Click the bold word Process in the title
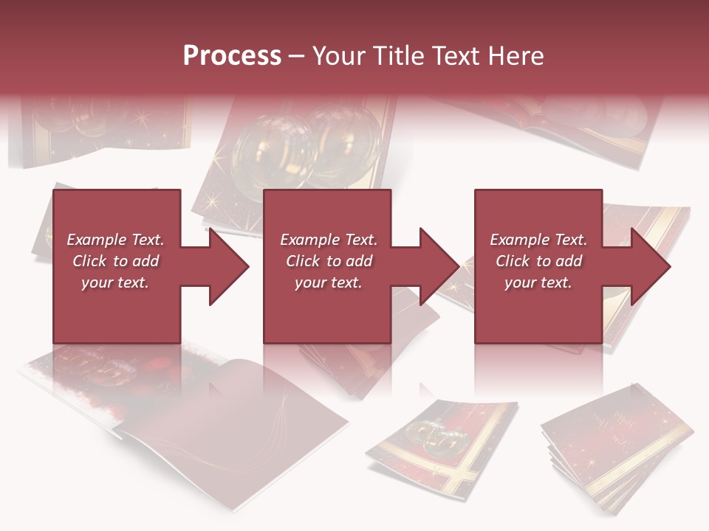[232, 56]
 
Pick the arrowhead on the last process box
[649, 266]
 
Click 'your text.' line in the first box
[115, 282]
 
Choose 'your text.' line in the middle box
[328, 282]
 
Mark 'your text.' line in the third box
[538, 282]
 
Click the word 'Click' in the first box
[90, 261]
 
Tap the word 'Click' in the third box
[513, 261]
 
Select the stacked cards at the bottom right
[617, 450]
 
